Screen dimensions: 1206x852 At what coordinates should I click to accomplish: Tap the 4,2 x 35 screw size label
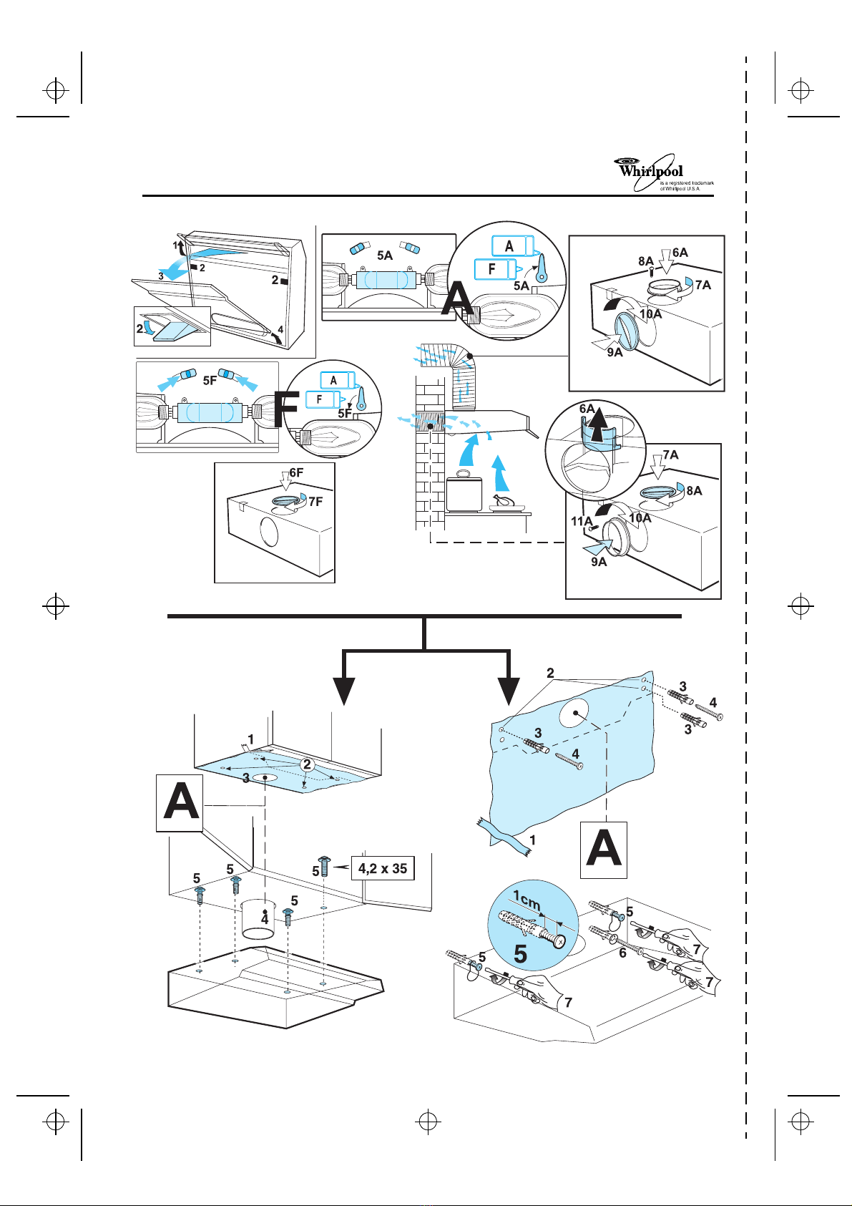(x=383, y=868)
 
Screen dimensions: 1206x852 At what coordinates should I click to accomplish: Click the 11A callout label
(x=582, y=522)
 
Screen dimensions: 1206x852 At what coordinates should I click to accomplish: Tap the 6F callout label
(x=296, y=473)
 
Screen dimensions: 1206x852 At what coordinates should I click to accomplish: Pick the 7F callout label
(x=315, y=501)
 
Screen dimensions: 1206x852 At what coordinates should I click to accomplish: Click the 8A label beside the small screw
(x=647, y=262)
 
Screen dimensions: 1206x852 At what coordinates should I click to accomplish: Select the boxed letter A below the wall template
(x=603, y=850)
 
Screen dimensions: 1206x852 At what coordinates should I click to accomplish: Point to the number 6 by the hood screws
(x=622, y=953)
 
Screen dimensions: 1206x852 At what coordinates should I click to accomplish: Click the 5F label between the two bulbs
(x=210, y=381)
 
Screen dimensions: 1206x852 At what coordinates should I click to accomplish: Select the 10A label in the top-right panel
(x=650, y=313)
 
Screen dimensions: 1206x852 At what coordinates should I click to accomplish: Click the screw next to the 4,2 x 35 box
(x=323, y=866)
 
